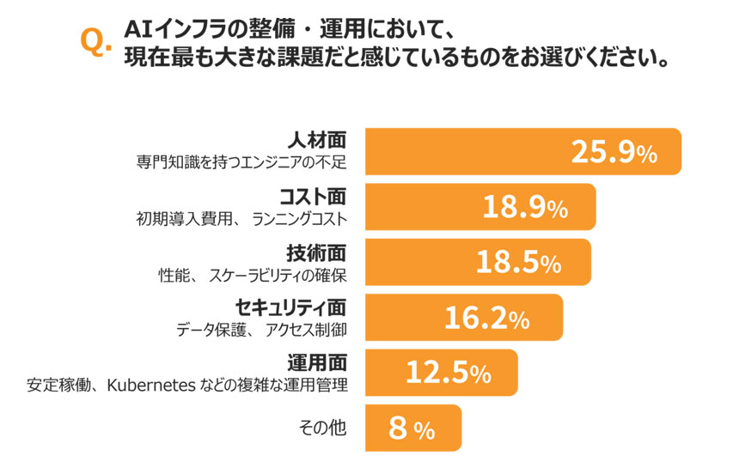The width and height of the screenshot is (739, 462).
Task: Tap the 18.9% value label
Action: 524,208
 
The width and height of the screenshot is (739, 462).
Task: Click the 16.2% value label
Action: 486,319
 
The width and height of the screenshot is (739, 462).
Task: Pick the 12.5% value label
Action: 448,374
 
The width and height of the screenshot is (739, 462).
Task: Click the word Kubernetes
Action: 150,385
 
